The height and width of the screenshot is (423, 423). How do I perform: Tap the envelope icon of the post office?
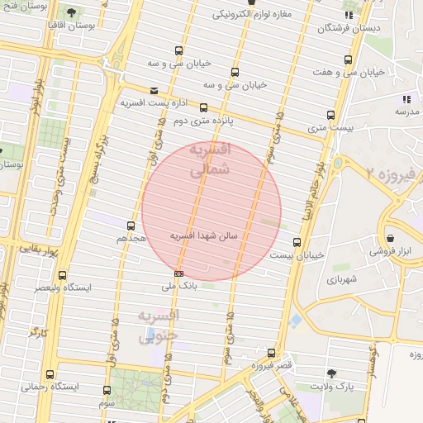[x=154, y=91]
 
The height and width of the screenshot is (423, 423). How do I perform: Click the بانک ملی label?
[x=178, y=286]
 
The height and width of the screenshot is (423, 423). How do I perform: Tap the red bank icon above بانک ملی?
[x=178, y=273]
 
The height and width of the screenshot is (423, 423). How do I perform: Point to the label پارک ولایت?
[x=331, y=386]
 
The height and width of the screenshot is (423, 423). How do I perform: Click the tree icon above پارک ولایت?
[x=332, y=373]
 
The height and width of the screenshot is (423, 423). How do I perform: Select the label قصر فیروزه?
[x=273, y=364]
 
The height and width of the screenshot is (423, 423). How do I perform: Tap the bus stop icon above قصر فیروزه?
[x=271, y=353]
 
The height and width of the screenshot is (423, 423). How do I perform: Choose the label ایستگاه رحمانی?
[x=51, y=386]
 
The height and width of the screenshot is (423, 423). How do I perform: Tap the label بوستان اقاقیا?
[x=73, y=27]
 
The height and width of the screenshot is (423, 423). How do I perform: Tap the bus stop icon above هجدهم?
[x=131, y=225]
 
